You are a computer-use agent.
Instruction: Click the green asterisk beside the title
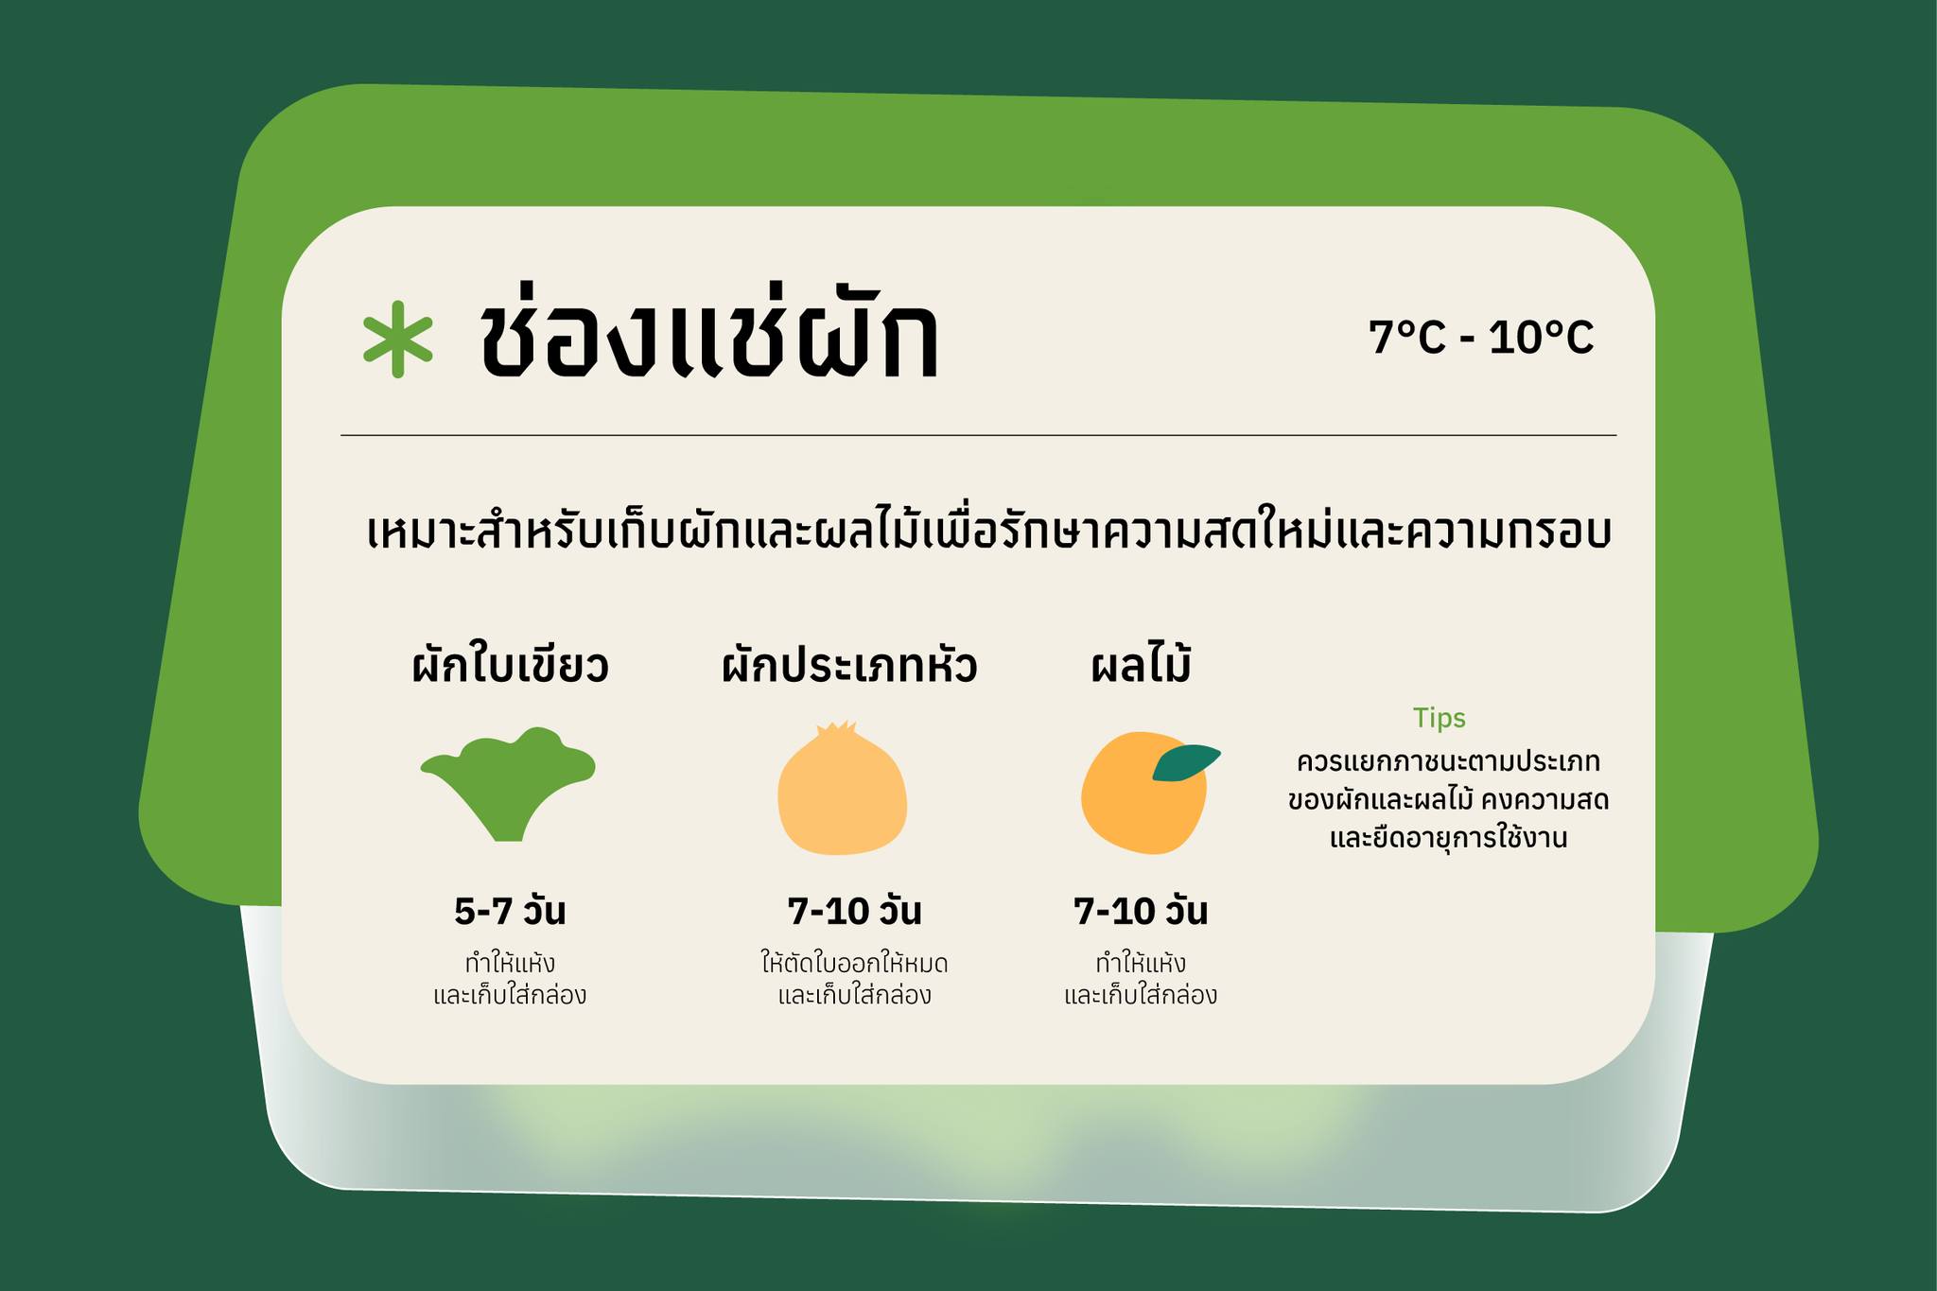click(398, 340)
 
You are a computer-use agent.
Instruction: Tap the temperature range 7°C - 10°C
click(1481, 338)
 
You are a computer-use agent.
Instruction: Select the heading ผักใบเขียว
click(511, 666)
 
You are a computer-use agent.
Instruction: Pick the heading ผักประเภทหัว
click(848, 666)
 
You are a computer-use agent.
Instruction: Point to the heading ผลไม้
click(1141, 666)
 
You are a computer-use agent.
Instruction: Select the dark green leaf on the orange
click(1186, 762)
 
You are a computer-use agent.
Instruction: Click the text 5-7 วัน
click(510, 912)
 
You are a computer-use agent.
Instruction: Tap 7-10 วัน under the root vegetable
click(854, 912)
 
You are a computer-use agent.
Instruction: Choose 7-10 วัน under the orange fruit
click(1141, 912)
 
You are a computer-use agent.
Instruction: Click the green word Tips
click(1439, 719)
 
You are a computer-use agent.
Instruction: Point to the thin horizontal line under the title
click(978, 435)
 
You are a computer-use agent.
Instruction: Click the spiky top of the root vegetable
click(836, 730)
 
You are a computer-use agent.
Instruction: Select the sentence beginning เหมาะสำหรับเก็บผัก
click(987, 532)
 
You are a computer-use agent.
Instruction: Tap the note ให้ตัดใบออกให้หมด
click(854, 964)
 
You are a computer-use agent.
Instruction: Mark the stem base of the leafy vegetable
click(508, 833)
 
